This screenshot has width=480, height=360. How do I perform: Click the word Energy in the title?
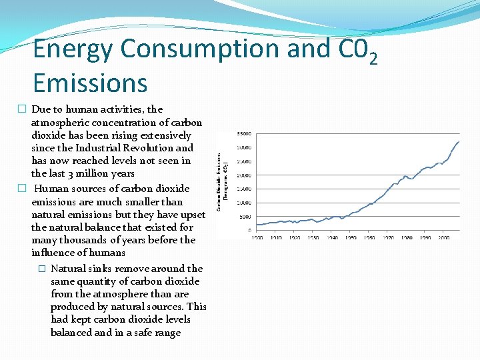74,49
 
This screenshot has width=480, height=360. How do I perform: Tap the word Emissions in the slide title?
90,83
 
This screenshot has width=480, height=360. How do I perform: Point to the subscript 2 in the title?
373,60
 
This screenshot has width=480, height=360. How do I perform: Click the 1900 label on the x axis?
257,237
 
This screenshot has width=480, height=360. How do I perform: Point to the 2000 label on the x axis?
444,237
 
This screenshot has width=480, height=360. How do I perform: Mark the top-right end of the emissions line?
459,141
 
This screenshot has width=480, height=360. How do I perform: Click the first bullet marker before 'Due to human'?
22,109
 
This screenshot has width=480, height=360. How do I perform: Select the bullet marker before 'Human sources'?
22,189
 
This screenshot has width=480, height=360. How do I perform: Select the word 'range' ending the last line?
167,333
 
